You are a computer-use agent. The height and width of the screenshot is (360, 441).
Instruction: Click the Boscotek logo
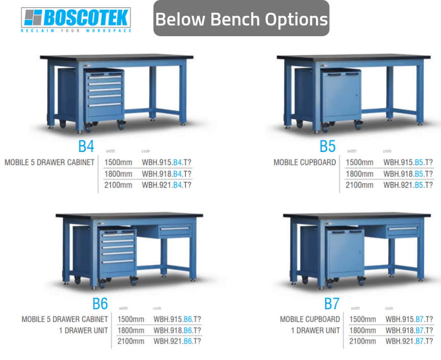[x=76, y=19]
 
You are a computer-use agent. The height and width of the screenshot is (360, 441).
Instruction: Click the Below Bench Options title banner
[x=241, y=19]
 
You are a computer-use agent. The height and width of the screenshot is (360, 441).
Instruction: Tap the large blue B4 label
[x=86, y=146]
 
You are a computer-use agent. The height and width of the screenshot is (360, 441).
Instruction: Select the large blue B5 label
[x=327, y=146]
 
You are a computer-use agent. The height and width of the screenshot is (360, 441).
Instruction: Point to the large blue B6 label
[x=100, y=303]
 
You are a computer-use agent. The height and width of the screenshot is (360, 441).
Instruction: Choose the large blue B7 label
[x=332, y=304]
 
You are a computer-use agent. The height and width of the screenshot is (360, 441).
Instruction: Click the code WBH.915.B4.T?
[x=166, y=163]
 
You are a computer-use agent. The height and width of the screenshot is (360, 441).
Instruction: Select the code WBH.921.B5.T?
[x=408, y=185]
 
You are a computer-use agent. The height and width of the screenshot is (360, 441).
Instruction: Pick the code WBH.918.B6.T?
[x=178, y=330]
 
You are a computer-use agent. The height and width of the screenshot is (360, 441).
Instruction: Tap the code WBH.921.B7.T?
[x=409, y=341]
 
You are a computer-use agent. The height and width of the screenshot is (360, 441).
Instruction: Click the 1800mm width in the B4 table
[x=118, y=174]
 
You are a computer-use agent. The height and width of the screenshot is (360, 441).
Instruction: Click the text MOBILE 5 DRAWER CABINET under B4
[x=50, y=163]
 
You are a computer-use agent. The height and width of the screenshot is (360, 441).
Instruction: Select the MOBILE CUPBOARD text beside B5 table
[x=305, y=163]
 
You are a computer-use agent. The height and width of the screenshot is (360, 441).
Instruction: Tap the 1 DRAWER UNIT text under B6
[x=84, y=330]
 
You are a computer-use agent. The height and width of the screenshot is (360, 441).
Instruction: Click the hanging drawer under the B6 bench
[x=175, y=231]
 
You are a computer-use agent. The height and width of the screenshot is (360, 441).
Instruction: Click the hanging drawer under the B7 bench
[x=402, y=231]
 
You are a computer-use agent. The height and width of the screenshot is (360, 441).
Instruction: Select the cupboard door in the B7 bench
[x=345, y=253]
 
